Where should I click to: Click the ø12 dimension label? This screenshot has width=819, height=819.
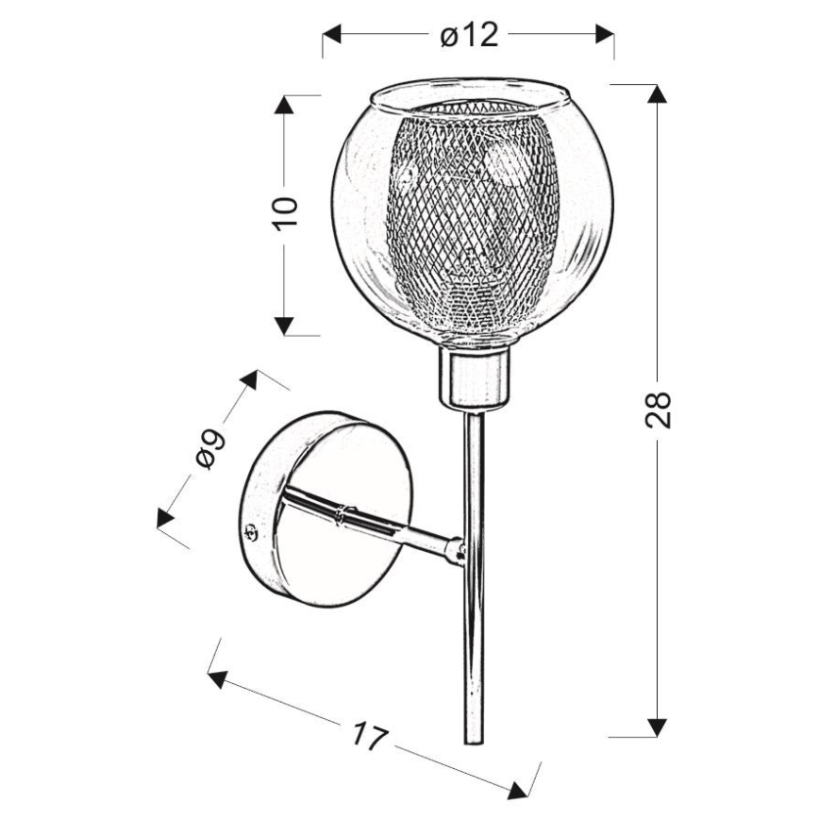click(468, 36)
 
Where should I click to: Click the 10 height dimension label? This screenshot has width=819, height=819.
click(283, 213)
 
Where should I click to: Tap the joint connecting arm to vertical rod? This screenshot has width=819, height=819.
click(457, 551)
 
